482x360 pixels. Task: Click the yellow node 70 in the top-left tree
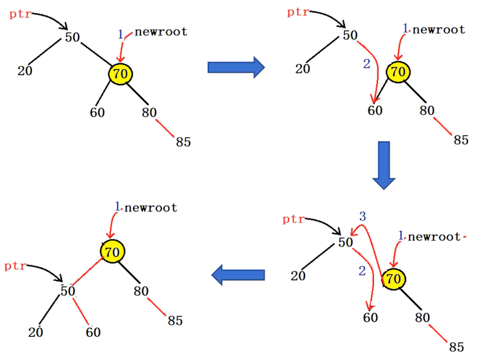[x=120, y=74]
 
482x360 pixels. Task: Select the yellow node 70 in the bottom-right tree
[x=392, y=278]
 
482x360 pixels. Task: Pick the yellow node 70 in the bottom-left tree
[x=112, y=252]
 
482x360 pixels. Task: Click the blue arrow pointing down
[x=383, y=165]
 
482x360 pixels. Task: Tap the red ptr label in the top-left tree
[x=21, y=13]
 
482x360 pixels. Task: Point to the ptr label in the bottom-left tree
[x=15, y=266]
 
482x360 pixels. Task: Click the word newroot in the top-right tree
[x=439, y=29]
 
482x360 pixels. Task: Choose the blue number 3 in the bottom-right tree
[x=362, y=216]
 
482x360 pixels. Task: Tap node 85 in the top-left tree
[x=183, y=142]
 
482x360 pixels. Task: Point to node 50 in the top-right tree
[x=350, y=35]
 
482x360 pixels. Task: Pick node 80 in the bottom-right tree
[x=422, y=317]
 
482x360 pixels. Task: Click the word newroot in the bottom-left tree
[x=151, y=208]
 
